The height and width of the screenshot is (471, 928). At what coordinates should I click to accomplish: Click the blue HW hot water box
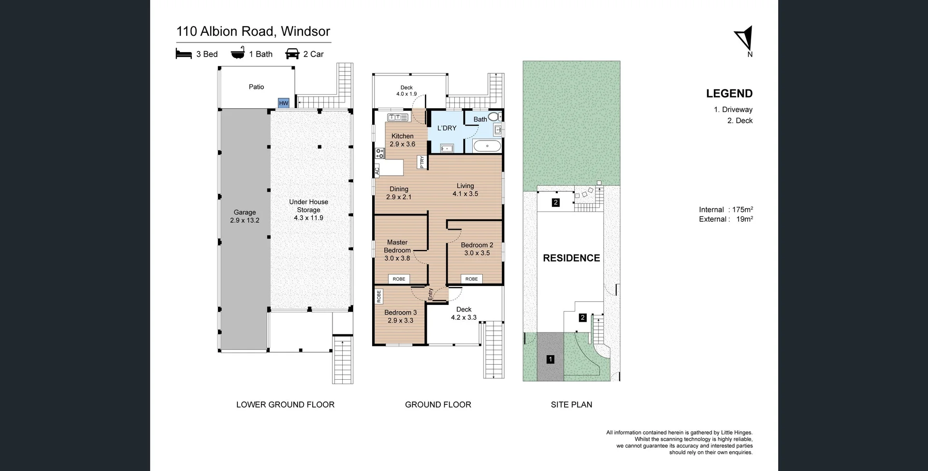[284, 103]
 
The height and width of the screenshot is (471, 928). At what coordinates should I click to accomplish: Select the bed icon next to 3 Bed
[184, 54]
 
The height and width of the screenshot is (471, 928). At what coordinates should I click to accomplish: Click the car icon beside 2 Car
[292, 54]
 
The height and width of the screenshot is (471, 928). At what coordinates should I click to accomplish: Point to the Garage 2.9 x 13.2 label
[245, 216]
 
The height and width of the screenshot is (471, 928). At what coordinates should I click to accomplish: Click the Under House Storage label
[308, 210]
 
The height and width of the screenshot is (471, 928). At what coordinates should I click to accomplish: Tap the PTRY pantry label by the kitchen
[422, 162]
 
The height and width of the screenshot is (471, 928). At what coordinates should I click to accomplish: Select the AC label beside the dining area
[377, 171]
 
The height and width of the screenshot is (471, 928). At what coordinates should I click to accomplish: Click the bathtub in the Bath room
[487, 145]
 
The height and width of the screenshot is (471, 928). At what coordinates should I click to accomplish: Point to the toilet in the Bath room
[493, 116]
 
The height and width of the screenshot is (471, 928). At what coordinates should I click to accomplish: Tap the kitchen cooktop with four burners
[380, 153]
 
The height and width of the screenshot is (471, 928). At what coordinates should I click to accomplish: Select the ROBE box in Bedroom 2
[472, 279]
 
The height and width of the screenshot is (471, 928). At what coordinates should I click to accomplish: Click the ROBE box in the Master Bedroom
[399, 279]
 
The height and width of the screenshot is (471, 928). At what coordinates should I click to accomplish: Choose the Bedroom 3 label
[400, 316]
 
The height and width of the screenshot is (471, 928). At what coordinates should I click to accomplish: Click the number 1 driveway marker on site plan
[550, 359]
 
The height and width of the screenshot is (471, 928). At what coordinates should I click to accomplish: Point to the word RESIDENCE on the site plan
[571, 258]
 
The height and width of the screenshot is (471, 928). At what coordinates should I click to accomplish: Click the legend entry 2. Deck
[739, 121]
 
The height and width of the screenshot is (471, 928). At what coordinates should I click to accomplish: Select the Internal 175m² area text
[725, 210]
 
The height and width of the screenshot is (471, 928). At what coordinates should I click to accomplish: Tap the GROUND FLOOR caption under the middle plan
[438, 405]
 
